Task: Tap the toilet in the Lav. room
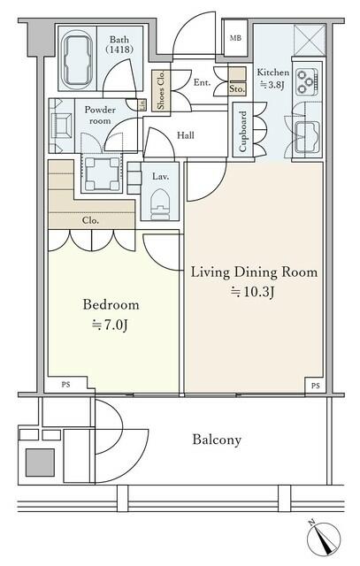(160, 203)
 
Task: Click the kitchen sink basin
(307, 138)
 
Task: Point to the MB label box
(235, 38)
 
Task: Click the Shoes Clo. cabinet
(161, 90)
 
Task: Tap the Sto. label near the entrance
(237, 89)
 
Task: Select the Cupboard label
(243, 130)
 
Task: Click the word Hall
(186, 135)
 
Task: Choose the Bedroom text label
(111, 304)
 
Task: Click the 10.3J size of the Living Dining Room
(253, 291)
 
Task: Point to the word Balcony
(217, 440)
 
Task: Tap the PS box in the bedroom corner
(65, 385)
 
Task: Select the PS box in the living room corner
(315, 386)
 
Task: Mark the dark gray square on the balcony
(40, 463)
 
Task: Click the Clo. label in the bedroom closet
(90, 220)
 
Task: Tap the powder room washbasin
(61, 126)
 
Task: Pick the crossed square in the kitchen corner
(310, 40)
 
